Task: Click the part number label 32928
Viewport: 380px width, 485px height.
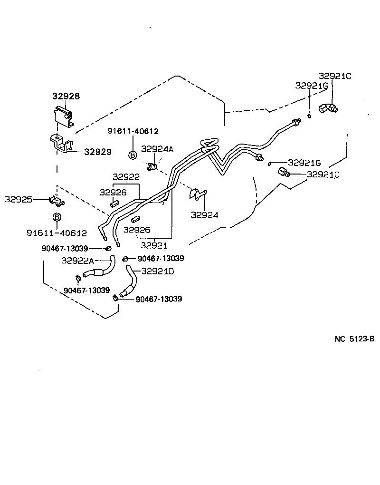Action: tap(66, 96)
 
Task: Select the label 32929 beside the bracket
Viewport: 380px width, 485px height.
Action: tap(98, 152)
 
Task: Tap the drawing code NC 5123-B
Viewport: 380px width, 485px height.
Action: tap(354, 339)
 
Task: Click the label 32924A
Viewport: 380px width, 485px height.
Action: tap(157, 149)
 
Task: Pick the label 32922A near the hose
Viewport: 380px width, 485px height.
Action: tap(78, 260)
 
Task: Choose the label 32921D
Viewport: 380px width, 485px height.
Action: tap(158, 272)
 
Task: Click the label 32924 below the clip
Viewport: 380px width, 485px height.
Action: tap(204, 215)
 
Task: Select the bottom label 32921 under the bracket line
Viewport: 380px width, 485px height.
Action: tap(154, 245)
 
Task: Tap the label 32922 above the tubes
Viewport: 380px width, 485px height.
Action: tap(126, 177)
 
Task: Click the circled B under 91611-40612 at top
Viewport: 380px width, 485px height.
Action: tap(133, 155)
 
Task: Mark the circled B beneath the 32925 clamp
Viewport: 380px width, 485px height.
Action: tap(57, 217)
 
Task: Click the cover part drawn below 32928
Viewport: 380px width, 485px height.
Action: tap(64, 116)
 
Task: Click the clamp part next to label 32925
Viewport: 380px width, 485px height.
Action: tap(56, 202)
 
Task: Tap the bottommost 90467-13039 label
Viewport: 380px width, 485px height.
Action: tap(159, 299)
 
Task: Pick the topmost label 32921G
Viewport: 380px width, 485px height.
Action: tap(312, 86)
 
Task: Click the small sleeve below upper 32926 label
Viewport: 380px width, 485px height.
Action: tap(114, 204)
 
